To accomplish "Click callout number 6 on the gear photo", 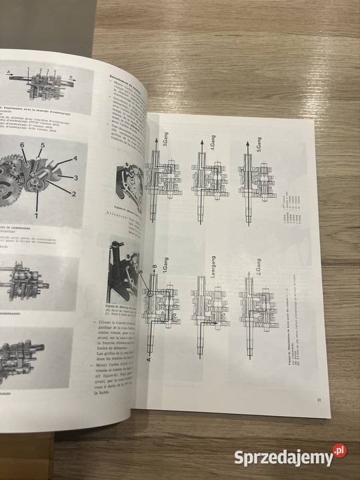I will [22, 145].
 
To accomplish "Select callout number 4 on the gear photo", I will [75, 158].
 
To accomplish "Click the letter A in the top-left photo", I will [8, 71].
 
